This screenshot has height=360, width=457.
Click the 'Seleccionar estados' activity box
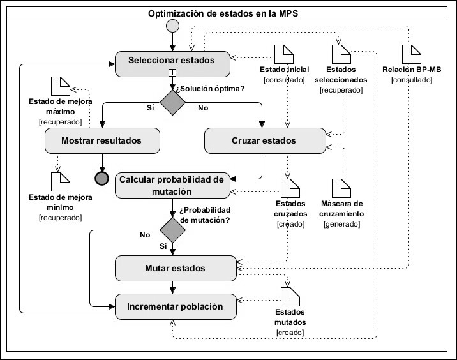pyautogui.click(x=171, y=61)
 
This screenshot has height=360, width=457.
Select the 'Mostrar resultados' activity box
pyautogui.click(x=101, y=140)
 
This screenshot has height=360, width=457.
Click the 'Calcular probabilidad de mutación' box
pyautogui.click(x=171, y=184)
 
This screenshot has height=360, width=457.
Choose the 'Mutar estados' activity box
pyautogui.click(x=171, y=268)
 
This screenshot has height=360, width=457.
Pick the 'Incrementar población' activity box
pyautogui.click(x=171, y=306)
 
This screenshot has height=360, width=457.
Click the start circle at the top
pyautogui.click(x=172, y=26)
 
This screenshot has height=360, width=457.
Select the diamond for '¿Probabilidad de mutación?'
pyautogui.click(x=172, y=229)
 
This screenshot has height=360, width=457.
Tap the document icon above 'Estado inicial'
pyautogui.click(x=282, y=54)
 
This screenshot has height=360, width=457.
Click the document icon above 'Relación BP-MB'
pyautogui.click(x=410, y=54)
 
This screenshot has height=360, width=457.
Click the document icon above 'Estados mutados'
pyautogui.click(x=290, y=296)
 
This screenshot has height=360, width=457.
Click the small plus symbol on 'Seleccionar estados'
pyautogui.click(x=172, y=73)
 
